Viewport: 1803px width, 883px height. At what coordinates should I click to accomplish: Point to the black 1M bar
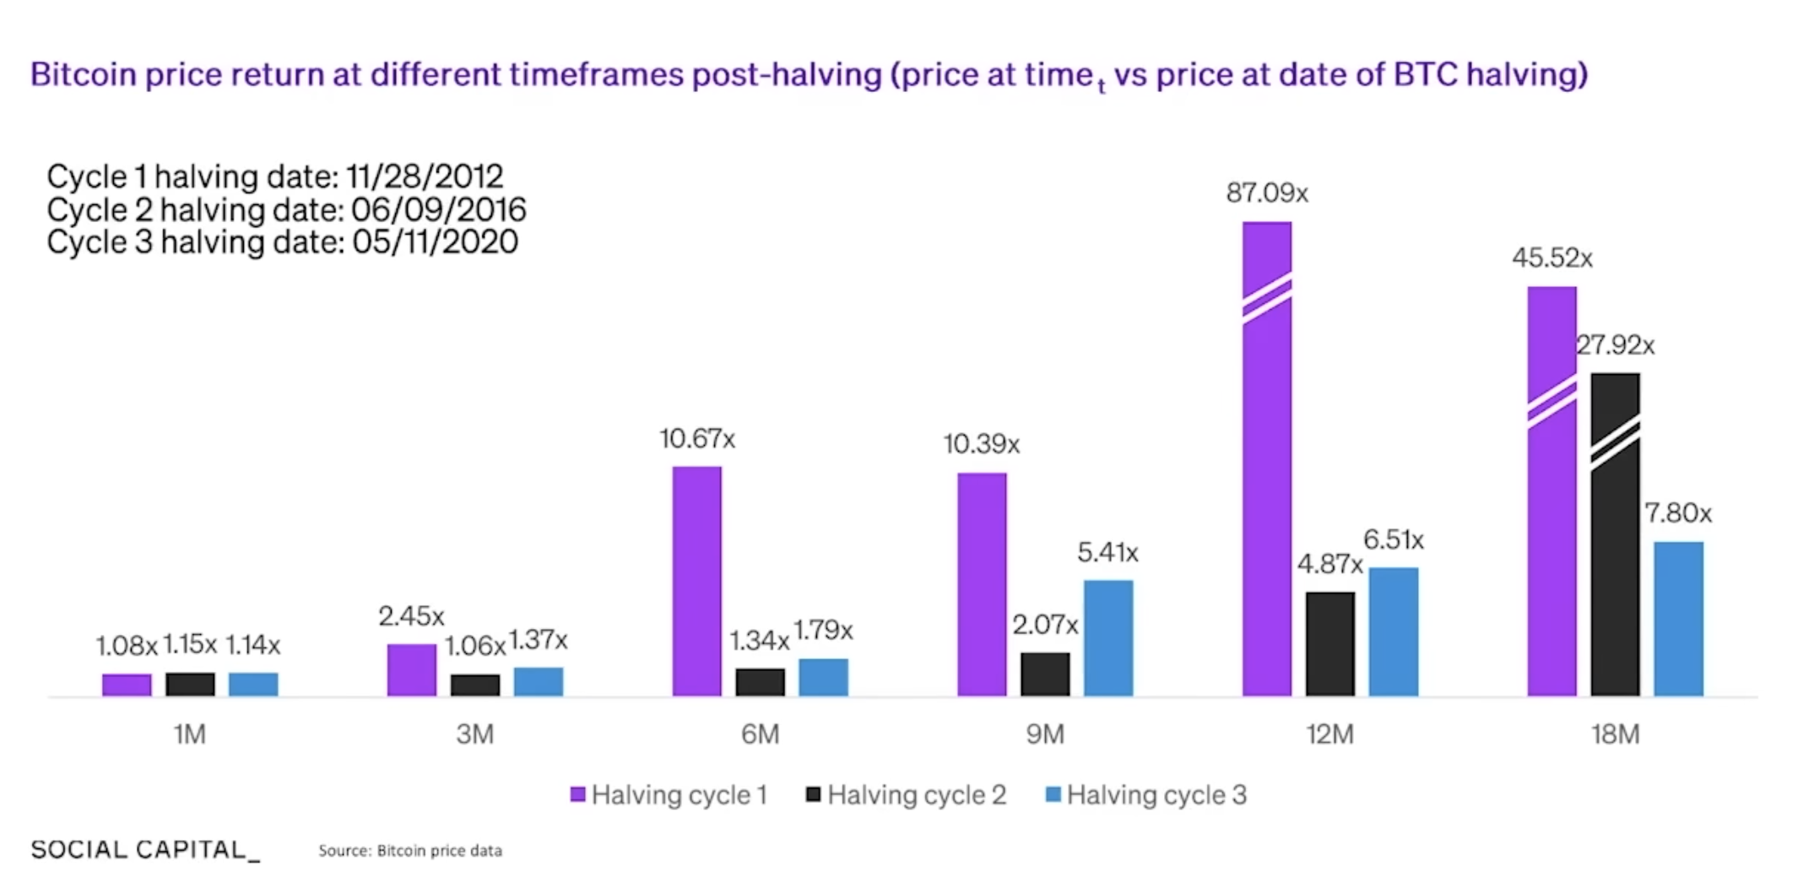coord(190,684)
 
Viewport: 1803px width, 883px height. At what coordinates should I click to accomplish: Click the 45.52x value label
coord(1551,257)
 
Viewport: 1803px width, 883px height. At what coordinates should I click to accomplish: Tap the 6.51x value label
coord(1393,539)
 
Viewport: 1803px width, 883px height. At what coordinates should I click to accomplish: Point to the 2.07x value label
coord(1045,625)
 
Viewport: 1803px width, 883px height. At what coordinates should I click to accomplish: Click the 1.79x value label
coord(823,630)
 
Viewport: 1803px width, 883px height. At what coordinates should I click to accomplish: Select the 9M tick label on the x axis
coord(1045,734)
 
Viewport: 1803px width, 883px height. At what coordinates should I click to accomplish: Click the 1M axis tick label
coord(190,734)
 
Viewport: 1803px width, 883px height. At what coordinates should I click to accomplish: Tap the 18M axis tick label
coord(1615,734)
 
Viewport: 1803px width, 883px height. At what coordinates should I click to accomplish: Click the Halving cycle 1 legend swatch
coord(578,794)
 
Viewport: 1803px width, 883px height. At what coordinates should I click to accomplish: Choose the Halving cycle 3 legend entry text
coord(1156,794)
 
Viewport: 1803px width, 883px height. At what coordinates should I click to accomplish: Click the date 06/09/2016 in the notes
coord(438,209)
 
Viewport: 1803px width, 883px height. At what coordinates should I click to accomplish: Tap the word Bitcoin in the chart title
coord(83,74)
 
